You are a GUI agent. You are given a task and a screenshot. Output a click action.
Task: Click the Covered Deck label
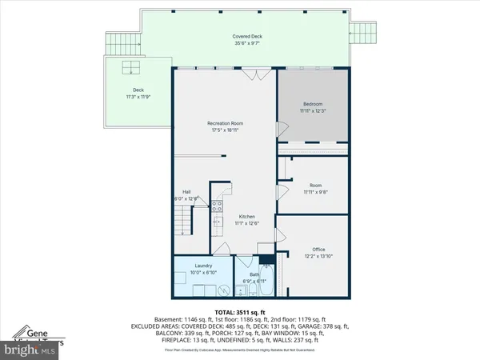pos(247,37)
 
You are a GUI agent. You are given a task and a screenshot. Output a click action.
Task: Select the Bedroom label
pos(313,103)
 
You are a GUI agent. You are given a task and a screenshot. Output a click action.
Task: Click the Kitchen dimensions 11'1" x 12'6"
pos(247,223)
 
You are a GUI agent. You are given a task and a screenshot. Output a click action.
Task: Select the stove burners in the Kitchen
pos(218,206)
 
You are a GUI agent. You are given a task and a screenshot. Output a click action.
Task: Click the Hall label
pos(186,192)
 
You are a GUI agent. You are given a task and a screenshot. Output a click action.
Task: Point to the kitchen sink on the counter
pos(218,222)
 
